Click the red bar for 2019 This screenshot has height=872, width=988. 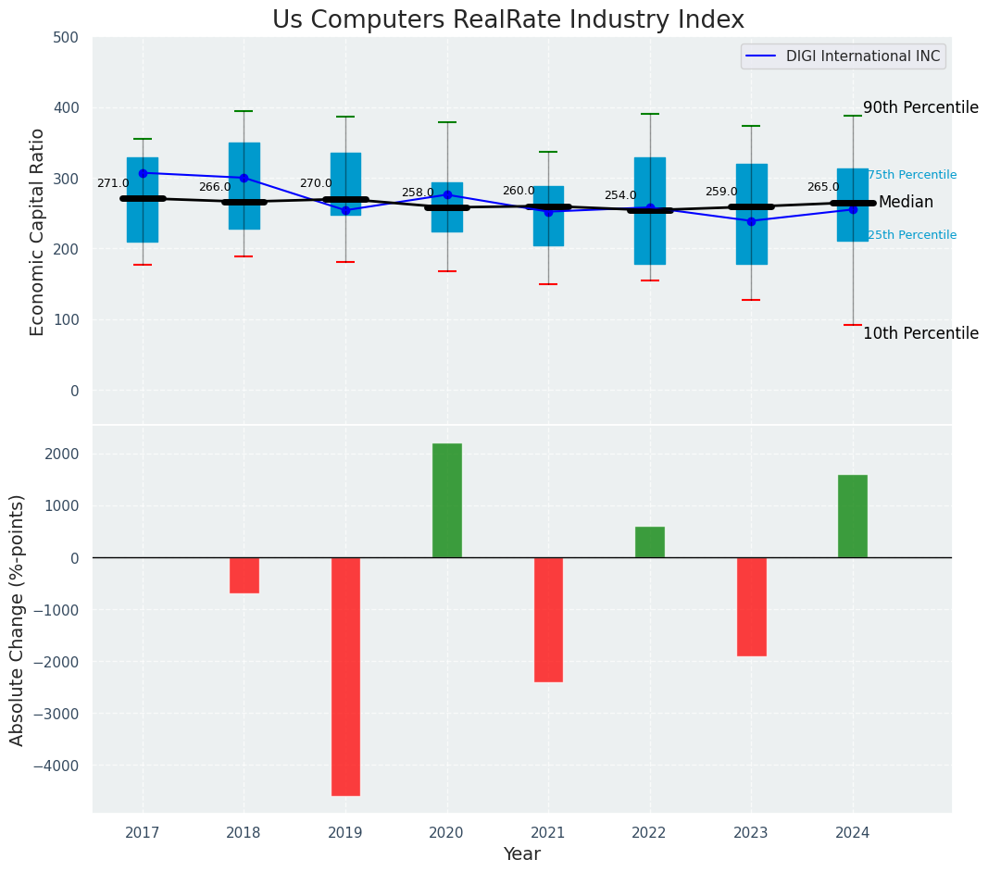[x=345, y=676]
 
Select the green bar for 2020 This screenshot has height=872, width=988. [x=447, y=500]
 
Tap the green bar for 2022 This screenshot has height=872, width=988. [x=650, y=542]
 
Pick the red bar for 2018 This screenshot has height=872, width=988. [x=244, y=575]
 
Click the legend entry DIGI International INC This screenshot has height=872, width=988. [x=863, y=56]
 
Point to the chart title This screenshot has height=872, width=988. [x=507, y=20]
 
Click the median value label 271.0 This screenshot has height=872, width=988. [x=113, y=183]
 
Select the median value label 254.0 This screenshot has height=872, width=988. [x=620, y=195]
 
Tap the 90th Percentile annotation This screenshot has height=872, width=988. [x=920, y=107]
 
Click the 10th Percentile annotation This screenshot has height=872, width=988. [x=920, y=333]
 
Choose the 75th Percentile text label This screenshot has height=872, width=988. [x=912, y=175]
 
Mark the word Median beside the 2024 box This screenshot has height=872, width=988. [x=906, y=202]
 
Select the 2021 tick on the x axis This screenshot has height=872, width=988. [x=548, y=833]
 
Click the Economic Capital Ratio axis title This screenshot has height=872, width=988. [x=38, y=231]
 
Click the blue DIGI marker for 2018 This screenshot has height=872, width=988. [x=244, y=178]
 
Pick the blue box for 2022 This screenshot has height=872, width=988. [x=650, y=211]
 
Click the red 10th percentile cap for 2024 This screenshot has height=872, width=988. [x=853, y=325]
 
